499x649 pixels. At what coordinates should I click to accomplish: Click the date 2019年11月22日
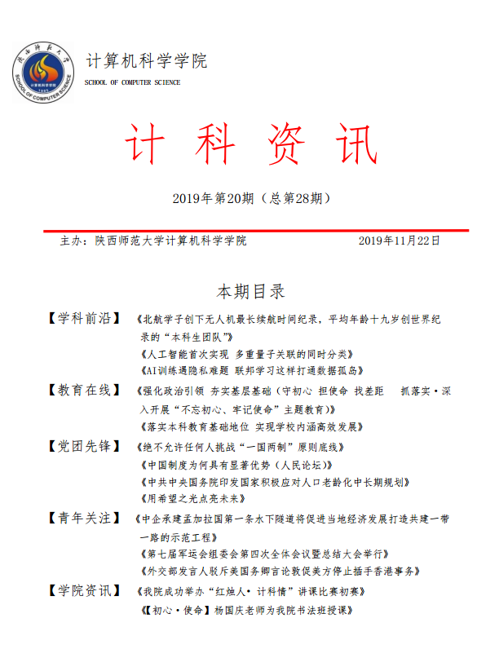400,241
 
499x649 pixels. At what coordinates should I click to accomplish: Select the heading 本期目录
250,292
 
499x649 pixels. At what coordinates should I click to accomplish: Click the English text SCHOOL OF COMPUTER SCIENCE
133,82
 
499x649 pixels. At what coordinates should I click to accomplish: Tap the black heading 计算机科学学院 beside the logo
147,61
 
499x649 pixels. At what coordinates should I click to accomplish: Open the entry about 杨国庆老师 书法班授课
245,609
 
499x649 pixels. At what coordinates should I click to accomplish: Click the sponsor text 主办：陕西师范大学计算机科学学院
153,241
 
